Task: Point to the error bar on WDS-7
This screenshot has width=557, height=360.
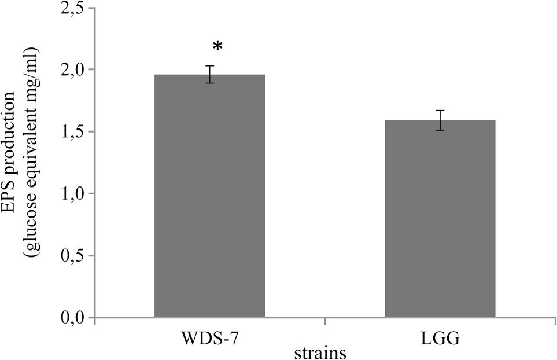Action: pyautogui.click(x=209, y=74)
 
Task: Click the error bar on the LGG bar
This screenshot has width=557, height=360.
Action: pyautogui.click(x=440, y=120)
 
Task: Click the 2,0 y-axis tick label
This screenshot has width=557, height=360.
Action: pyautogui.click(x=72, y=70)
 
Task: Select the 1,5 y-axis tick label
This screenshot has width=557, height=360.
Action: pyautogui.click(x=72, y=132)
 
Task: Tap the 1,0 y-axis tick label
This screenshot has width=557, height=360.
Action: pyautogui.click(x=72, y=194)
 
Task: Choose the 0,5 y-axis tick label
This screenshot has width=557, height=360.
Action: pyautogui.click(x=72, y=256)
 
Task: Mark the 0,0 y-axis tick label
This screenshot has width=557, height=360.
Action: pyautogui.click(x=72, y=318)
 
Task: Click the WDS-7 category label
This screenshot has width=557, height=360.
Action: pyautogui.click(x=209, y=338)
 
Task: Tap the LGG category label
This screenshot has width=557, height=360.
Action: pyautogui.click(x=441, y=338)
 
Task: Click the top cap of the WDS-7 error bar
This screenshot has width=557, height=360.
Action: pyautogui.click(x=209, y=66)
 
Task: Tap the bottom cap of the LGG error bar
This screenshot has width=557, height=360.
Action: pyautogui.click(x=440, y=130)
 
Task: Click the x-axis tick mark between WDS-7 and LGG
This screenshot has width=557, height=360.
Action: pyautogui.click(x=324, y=321)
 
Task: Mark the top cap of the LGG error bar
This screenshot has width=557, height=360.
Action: pyautogui.click(x=440, y=110)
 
